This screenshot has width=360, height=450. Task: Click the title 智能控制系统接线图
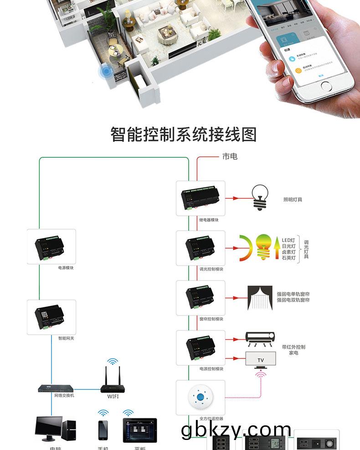(184, 134)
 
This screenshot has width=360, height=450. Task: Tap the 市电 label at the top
(230, 156)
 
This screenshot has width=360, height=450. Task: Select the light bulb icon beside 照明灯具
(260, 198)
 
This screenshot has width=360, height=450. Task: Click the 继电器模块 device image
(201, 198)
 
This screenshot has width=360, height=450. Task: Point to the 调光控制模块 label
(211, 269)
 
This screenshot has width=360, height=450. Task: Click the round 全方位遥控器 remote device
(201, 397)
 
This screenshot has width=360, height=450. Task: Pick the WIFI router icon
(113, 381)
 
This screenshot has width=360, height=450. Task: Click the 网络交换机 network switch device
(57, 388)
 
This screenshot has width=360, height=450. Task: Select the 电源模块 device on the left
(51, 246)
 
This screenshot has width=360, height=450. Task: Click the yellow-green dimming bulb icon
(263, 246)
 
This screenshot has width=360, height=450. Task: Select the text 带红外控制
(293, 347)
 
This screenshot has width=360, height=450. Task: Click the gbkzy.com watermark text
(236, 429)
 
